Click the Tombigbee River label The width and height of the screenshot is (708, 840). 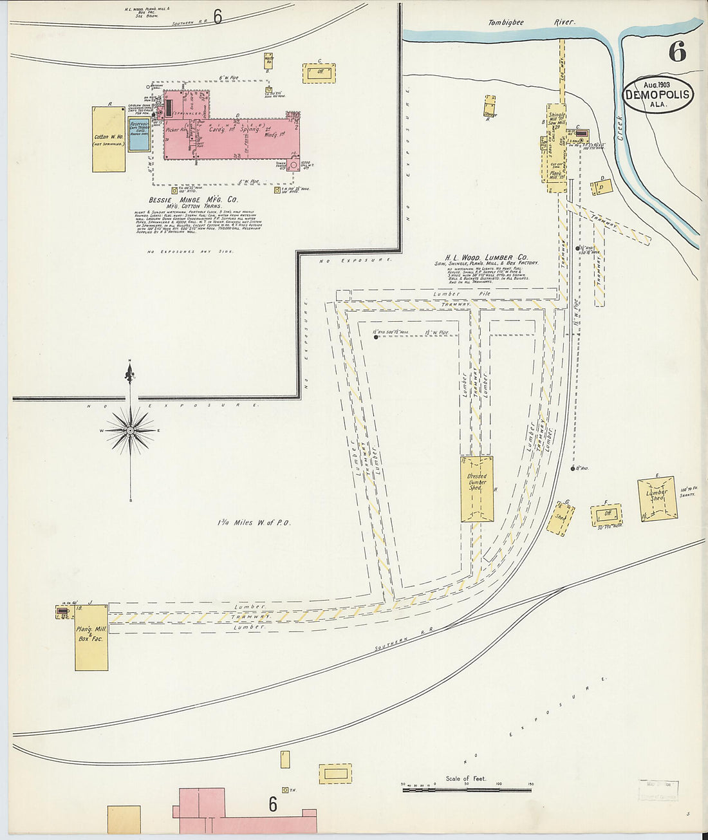click(x=531, y=23)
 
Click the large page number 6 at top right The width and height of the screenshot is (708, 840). click(x=676, y=51)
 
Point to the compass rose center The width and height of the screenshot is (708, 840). click(x=131, y=430)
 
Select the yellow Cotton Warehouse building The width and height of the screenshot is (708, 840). click(x=108, y=139)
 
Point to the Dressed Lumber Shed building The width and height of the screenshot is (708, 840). click(x=477, y=489)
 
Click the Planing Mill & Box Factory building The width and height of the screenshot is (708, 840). click(x=91, y=637)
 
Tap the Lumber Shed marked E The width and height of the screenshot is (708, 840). click(x=657, y=498)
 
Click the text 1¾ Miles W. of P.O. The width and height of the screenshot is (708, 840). click(x=254, y=523)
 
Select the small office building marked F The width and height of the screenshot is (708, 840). click(x=606, y=514)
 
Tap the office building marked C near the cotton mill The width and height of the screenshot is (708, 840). click(x=319, y=73)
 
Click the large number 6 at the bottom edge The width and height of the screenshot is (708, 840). click(x=273, y=804)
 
